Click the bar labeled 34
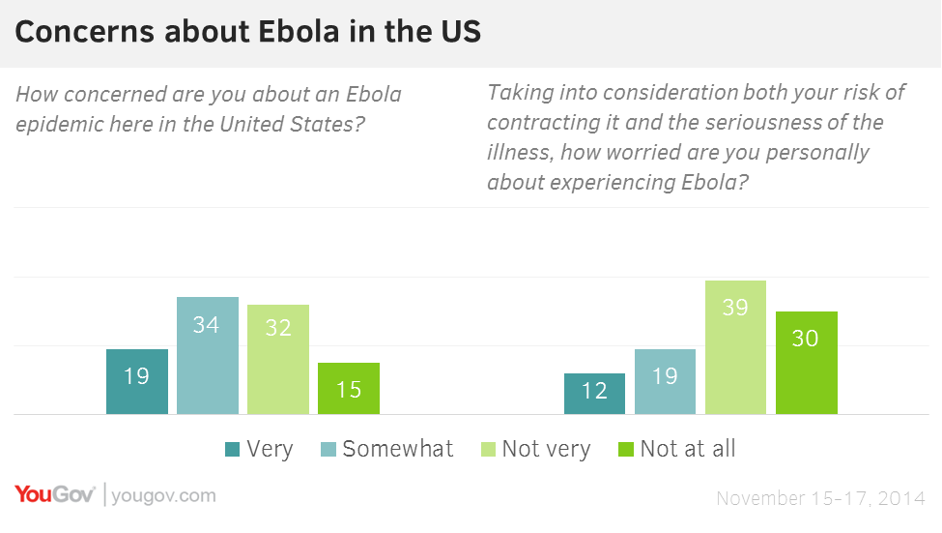[208, 356]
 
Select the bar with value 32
[278, 359]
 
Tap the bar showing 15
[349, 388]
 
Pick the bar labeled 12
[594, 394]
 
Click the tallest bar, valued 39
[735, 347]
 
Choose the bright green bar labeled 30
[806, 363]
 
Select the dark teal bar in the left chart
[137, 381]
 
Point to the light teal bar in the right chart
[665, 381]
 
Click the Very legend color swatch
[232, 450]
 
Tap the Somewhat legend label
[398, 449]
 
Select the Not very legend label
[546, 450]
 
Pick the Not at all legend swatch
[626, 450]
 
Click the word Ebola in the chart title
[299, 31]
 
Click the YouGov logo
[55, 494]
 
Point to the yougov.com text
[163, 495]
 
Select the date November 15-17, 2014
[820, 498]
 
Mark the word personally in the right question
[817, 153]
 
